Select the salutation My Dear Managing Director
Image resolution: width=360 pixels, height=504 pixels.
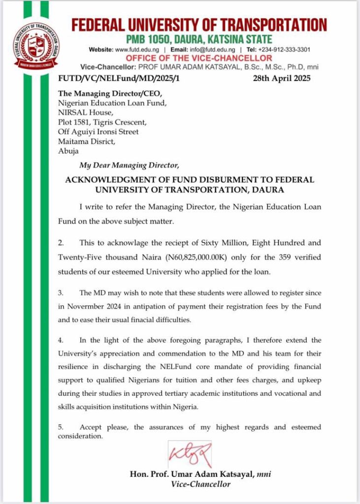click(x=130, y=164)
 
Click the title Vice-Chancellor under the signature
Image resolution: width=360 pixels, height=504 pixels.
click(x=200, y=484)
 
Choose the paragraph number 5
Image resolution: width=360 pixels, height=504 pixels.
click(x=61, y=427)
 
